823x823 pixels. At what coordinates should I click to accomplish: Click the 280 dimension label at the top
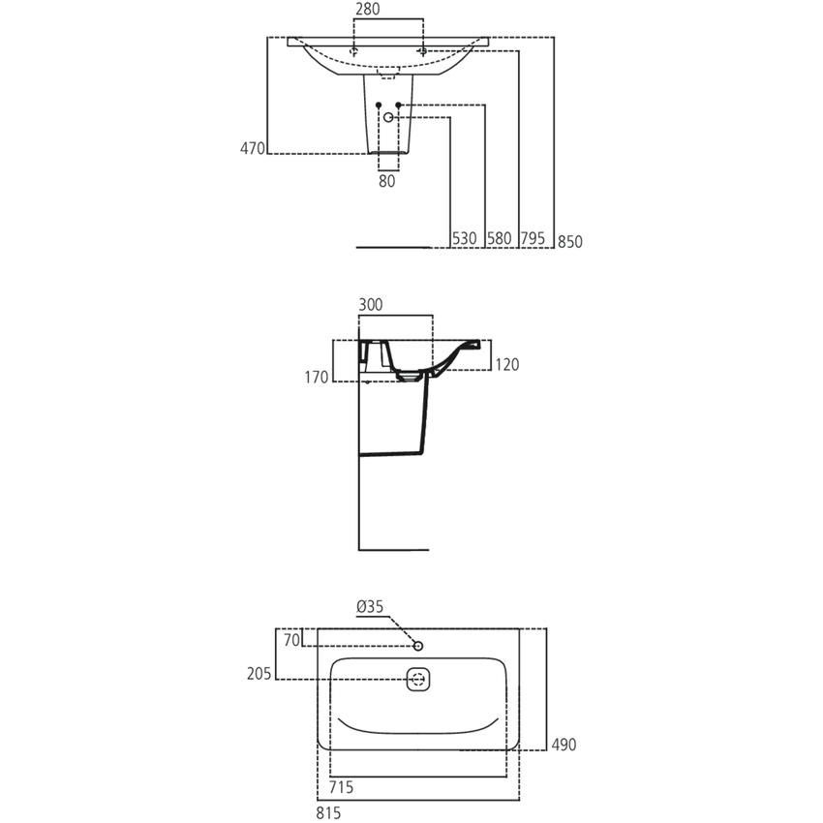(x=367, y=10)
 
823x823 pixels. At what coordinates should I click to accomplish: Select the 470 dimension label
(x=252, y=148)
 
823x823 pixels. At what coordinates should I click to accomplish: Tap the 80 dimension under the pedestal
(x=387, y=180)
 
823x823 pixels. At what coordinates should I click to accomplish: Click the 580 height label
(x=500, y=238)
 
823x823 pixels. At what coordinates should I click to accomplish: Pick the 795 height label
(x=533, y=238)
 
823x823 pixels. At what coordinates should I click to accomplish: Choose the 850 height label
(x=569, y=242)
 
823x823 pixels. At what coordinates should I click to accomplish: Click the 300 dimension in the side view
(x=371, y=304)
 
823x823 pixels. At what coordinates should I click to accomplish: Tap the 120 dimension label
(x=507, y=365)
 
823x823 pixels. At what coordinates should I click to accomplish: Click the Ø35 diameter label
(x=370, y=607)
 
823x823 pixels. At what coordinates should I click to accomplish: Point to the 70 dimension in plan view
(x=292, y=639)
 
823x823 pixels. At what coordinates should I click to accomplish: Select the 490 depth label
(x=564, y=745)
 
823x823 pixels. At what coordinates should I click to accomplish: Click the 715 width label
(x=340, y=788)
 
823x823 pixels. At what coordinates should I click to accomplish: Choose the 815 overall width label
(x=328, y=813)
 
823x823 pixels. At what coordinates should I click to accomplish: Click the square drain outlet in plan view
(x=418, y=680)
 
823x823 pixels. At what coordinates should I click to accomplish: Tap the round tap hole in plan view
(x=418, y=645)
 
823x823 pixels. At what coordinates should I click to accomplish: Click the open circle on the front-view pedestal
(x=389, y=117)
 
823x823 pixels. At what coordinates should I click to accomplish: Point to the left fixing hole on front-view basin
(x=355, y=50)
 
